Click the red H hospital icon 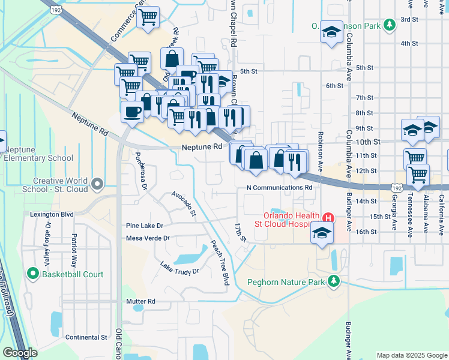tap(328, 217)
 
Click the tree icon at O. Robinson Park tap(390, 25)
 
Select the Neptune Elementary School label tap(38, 154)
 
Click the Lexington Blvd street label tap(52, 214)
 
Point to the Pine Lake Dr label tap(145, 226)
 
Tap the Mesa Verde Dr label tap(148, 238)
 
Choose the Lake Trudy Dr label tap(179, 267)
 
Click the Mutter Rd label tap(141, 301)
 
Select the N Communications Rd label tap(280, 187)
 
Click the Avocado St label tap(184, 203)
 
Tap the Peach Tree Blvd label tap(220, 263)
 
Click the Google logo tap(20, 353)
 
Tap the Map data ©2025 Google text tap(411, 355)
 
